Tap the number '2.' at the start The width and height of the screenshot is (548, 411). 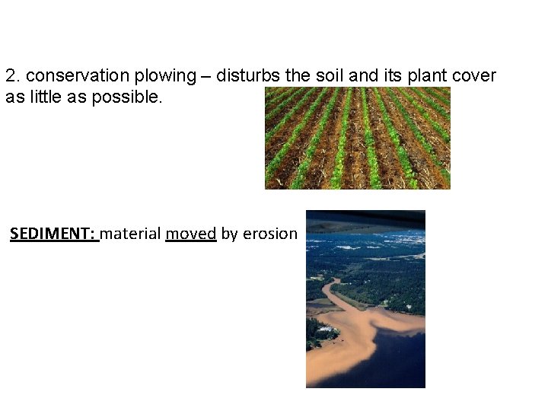(12, 76)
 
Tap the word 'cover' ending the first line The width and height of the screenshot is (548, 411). (476, 76)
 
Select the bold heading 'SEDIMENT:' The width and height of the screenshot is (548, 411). (53, 234)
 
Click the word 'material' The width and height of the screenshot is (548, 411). (130, 234)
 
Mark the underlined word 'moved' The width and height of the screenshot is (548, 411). (191, 234)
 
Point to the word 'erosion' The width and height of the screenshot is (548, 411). (269, 234)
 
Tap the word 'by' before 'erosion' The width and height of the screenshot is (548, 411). (229, 234)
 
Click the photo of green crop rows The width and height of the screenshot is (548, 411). (357, 138)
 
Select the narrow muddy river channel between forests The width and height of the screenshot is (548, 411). (333, 293)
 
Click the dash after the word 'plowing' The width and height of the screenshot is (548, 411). (206, 76)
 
